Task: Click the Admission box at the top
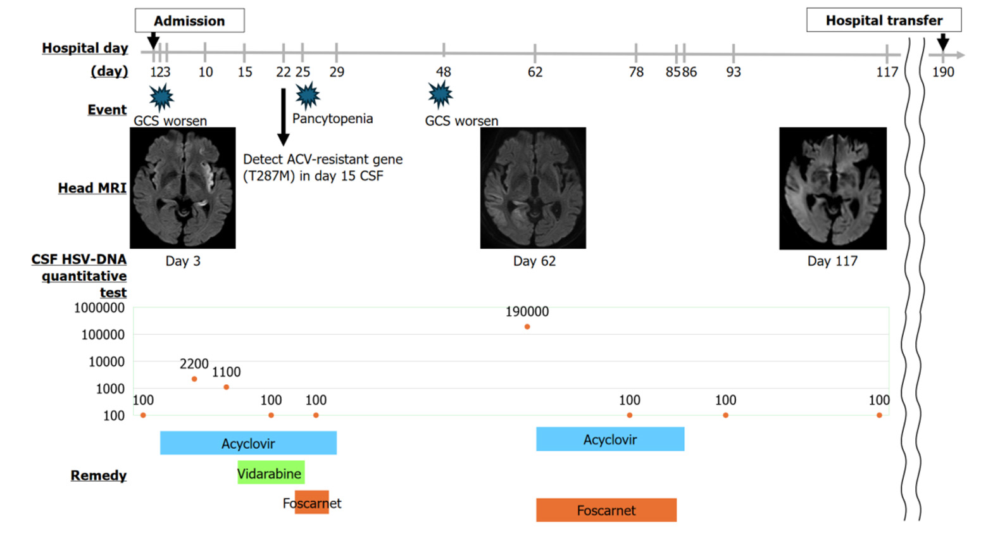click(189, 21)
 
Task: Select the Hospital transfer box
click(884, 20)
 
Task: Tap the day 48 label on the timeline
click(443, 72)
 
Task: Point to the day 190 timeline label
click(942, 72)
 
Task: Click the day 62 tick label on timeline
click(535, 72)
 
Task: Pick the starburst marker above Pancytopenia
click(308, 95)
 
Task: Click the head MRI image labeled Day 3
click(183, 187)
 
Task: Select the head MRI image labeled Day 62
click(533, 187)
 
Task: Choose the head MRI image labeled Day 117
click(832, 187)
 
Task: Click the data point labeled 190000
click(527, 327)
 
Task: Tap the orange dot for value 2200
click(194, 378)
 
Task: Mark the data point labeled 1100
click(226, 387)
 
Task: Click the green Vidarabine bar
click(270, 473)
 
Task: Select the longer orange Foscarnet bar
click(606, 510)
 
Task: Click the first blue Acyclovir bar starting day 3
click(248, 443)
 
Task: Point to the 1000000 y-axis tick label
click(99, 308)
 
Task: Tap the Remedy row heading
click(98, 475)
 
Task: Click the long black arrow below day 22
click(283, 117)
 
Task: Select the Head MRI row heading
click(92, 188)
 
